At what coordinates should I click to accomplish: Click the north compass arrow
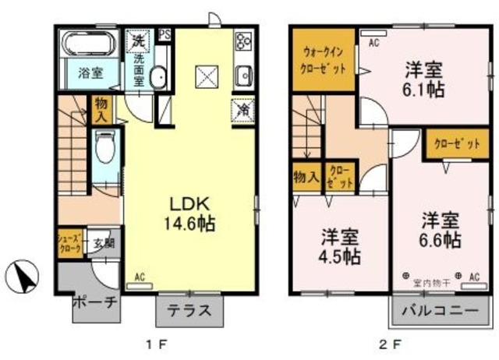point(23,276)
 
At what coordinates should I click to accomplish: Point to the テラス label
point(191,309)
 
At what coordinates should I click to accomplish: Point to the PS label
point(165,34)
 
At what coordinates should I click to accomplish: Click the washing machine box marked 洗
point(139,41)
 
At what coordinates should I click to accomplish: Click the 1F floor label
point(154,344)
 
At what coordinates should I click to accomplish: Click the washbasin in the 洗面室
point(158,76)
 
